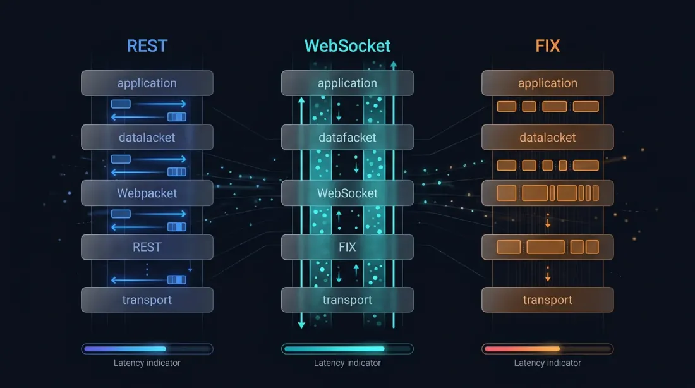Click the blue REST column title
(x=147, y=46)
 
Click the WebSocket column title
(x=347, y=46)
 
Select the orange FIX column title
(x=547, y=46)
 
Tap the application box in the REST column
(x=147, y=83)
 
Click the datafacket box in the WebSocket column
(x=347, y=137)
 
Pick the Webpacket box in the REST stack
(x=147, y=193)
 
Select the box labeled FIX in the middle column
(x=347, y=247)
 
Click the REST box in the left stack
(x=147, y=247)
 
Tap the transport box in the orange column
(x=547, y=300)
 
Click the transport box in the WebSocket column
(x=347, y=300)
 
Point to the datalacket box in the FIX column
(x=547, y=137)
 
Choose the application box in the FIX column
(x=547, y=83)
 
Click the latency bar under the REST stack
(x=147, y=349)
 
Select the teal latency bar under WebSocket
(x=347, y=349)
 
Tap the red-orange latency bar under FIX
(x=547, y=349)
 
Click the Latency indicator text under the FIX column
(x=547, y=363)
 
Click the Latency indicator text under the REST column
(x=147, y=363)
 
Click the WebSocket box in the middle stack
(x=347, y=193)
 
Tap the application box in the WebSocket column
(x=347, y=83)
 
